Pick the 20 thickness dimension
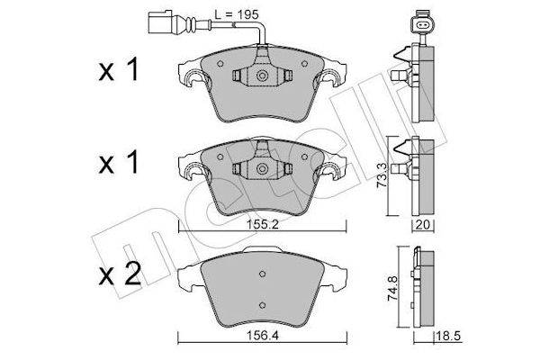tap(421, 226)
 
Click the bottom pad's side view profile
tap(420, 288)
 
